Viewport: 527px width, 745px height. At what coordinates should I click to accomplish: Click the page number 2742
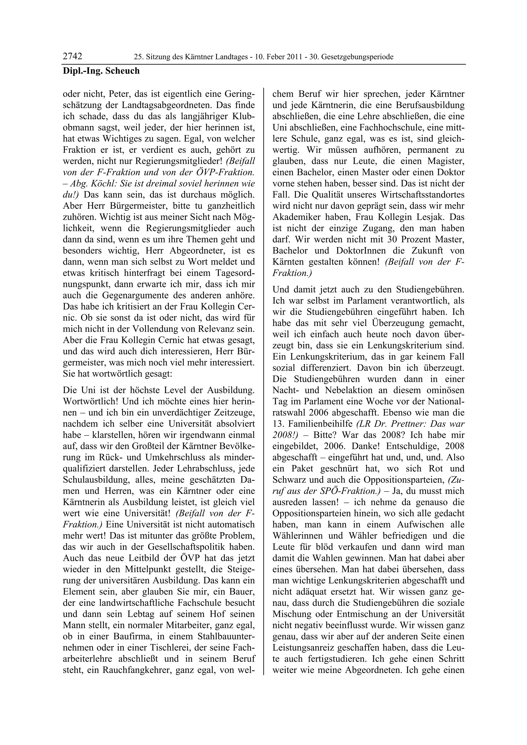click(72, 57)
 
